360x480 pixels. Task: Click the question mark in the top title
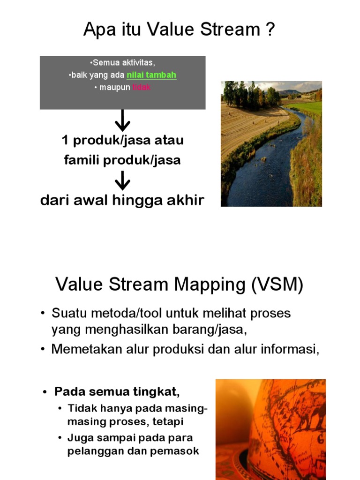[270, 30]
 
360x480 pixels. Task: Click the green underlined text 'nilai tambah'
[151, 75]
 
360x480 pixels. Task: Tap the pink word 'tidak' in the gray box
[142, 88]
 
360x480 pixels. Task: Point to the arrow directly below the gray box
[122, 121]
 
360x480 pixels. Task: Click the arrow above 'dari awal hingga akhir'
[122, 180]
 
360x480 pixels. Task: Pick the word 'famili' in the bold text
[80, 160]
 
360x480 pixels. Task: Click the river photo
[271, 143]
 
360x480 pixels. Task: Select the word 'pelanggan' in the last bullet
[90, 451]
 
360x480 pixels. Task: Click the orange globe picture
[270, 429]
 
